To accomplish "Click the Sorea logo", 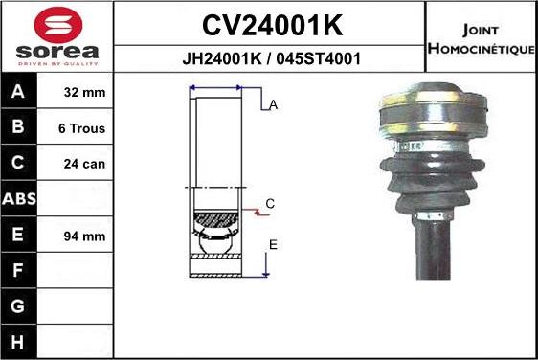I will pos(57,36).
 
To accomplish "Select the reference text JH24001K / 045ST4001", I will pos(271,57).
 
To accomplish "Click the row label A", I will pos(19,93).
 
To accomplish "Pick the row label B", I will pos(19,128).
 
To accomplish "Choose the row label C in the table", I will pos(19,164).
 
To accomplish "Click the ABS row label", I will pos(19,199).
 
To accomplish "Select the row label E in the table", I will pos(19,236).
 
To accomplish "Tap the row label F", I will pos(19,271).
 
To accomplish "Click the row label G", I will pos(19,306).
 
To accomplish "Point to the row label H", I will pos(19,341).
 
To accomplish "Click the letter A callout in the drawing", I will pos(273,105).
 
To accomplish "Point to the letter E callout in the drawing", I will pos(273,245).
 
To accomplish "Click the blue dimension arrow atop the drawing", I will pos(216,87).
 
